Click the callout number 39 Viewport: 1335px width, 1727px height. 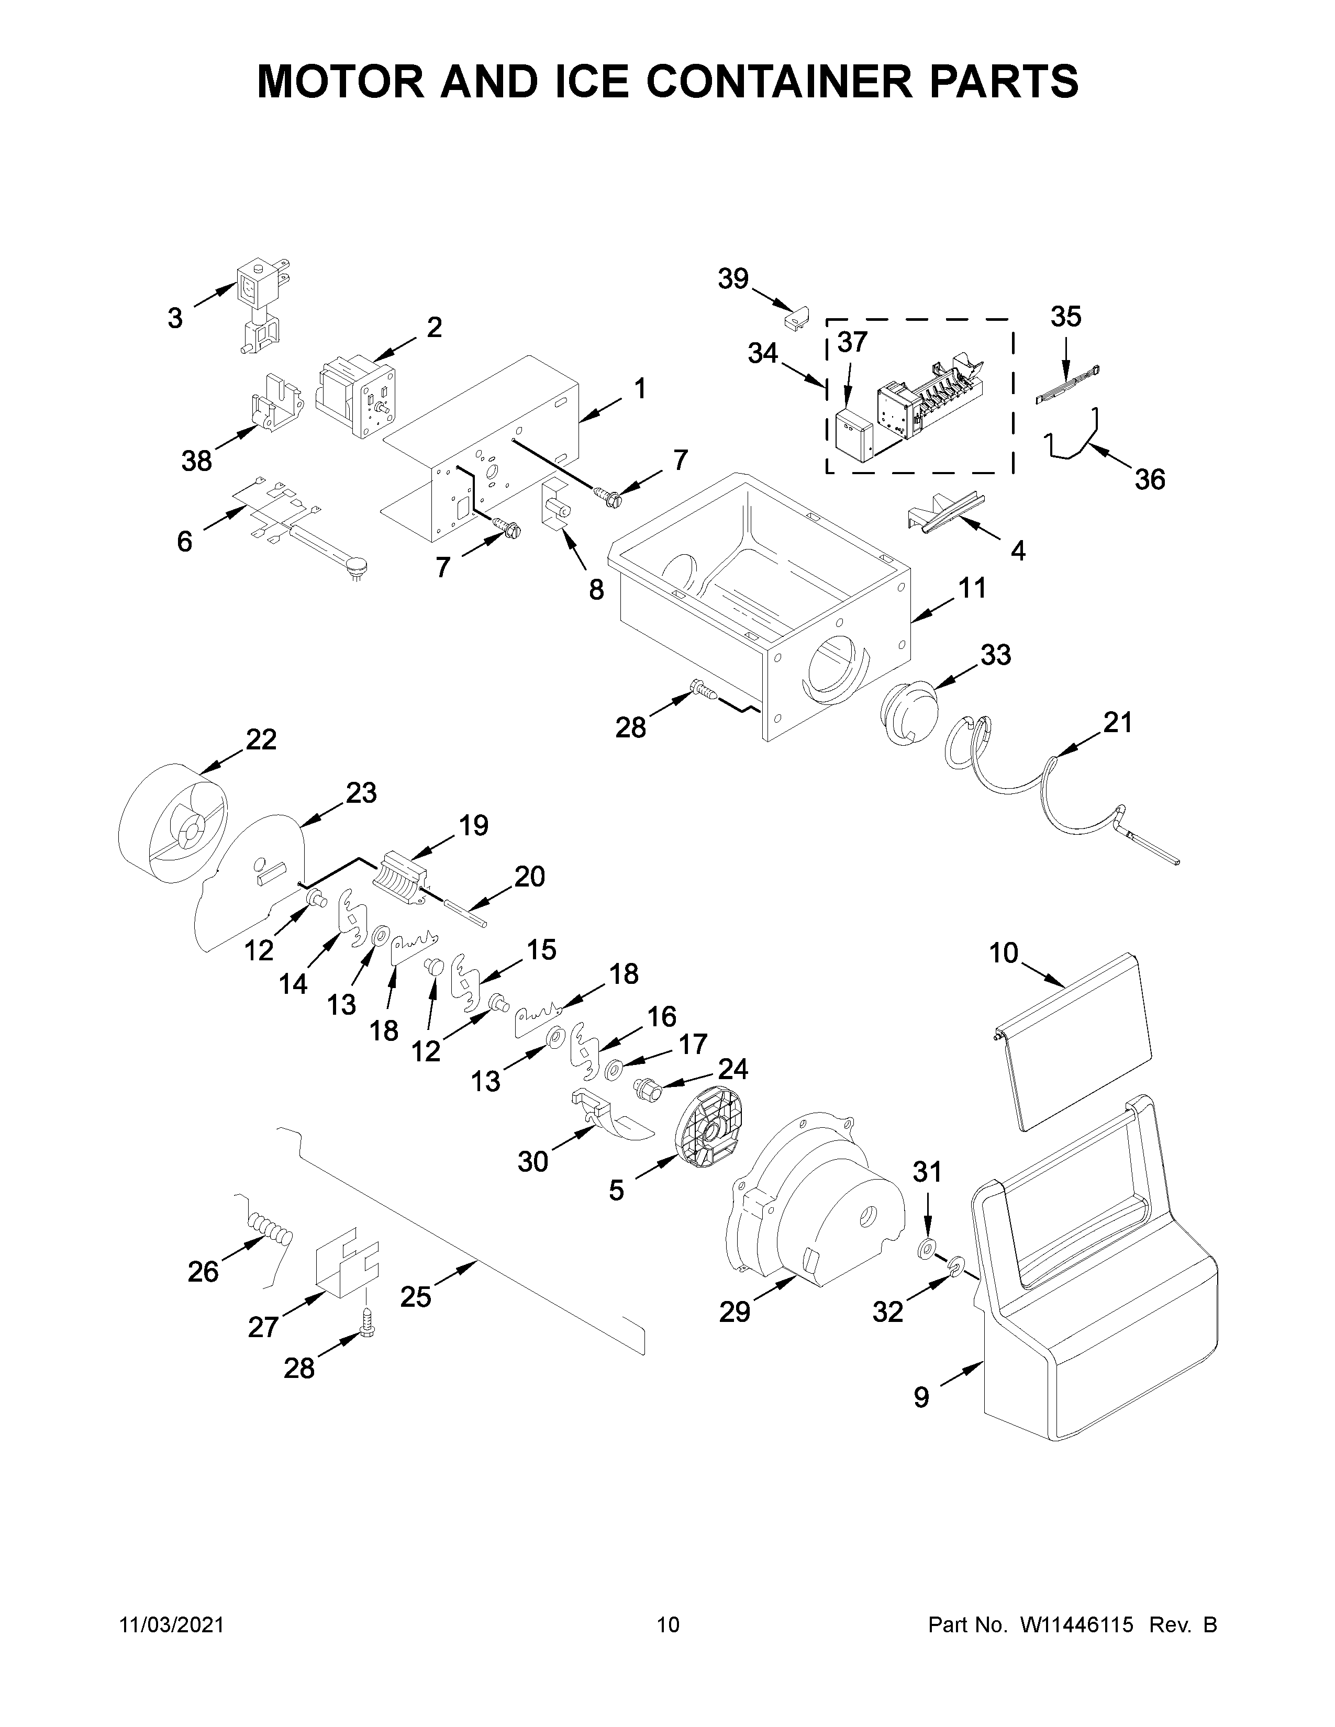coord(732,278)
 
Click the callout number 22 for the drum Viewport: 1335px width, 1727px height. coord(261,739)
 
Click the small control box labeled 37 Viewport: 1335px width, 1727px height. coord(852,436)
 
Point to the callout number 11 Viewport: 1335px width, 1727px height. coord(972,588)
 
